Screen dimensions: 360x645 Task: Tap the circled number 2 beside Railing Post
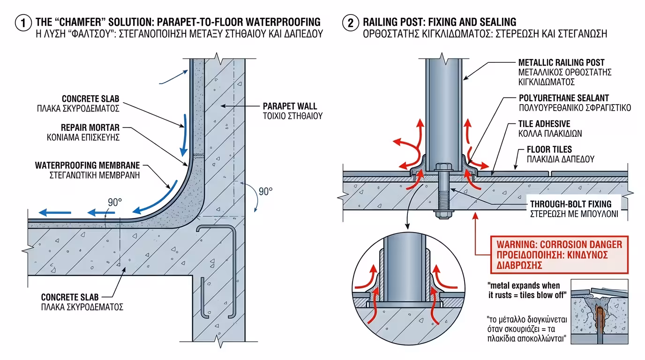tap(350, 22)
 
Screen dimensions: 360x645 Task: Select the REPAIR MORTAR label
tap(90, 127)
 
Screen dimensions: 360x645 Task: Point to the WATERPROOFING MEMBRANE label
tap(88, 166)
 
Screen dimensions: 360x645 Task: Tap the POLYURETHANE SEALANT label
tap(563, 98)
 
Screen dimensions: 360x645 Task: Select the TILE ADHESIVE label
tap(544, 124)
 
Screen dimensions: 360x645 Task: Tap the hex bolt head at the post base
tap(442, 167)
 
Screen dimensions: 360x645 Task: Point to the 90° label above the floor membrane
tap(114, 202)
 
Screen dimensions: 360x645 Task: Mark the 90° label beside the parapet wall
tap(265, 191)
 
